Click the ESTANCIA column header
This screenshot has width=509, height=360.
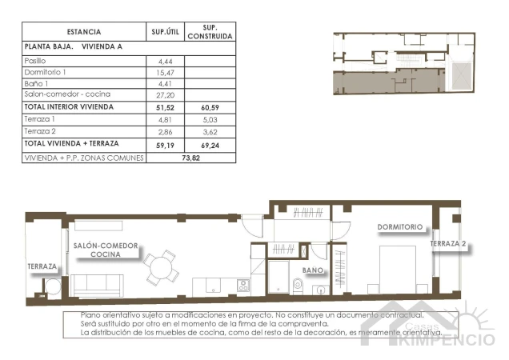coord(84,32)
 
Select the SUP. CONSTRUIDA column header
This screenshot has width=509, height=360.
coord(210,32)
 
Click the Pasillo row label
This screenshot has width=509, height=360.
coord(36,61)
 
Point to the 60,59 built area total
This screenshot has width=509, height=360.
coord(210,106)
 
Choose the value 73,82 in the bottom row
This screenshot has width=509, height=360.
coord(190,158)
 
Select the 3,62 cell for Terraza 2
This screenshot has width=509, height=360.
coord(210,130)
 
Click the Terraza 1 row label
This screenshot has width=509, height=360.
coord(39,118)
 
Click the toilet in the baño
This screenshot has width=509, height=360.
coord(299,285)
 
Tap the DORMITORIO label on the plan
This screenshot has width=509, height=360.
coord(399,227)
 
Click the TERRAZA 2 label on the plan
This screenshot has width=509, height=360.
coord(447,244)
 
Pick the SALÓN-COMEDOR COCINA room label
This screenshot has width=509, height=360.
coord(106,250)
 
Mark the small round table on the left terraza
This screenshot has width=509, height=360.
coord(51,286)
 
